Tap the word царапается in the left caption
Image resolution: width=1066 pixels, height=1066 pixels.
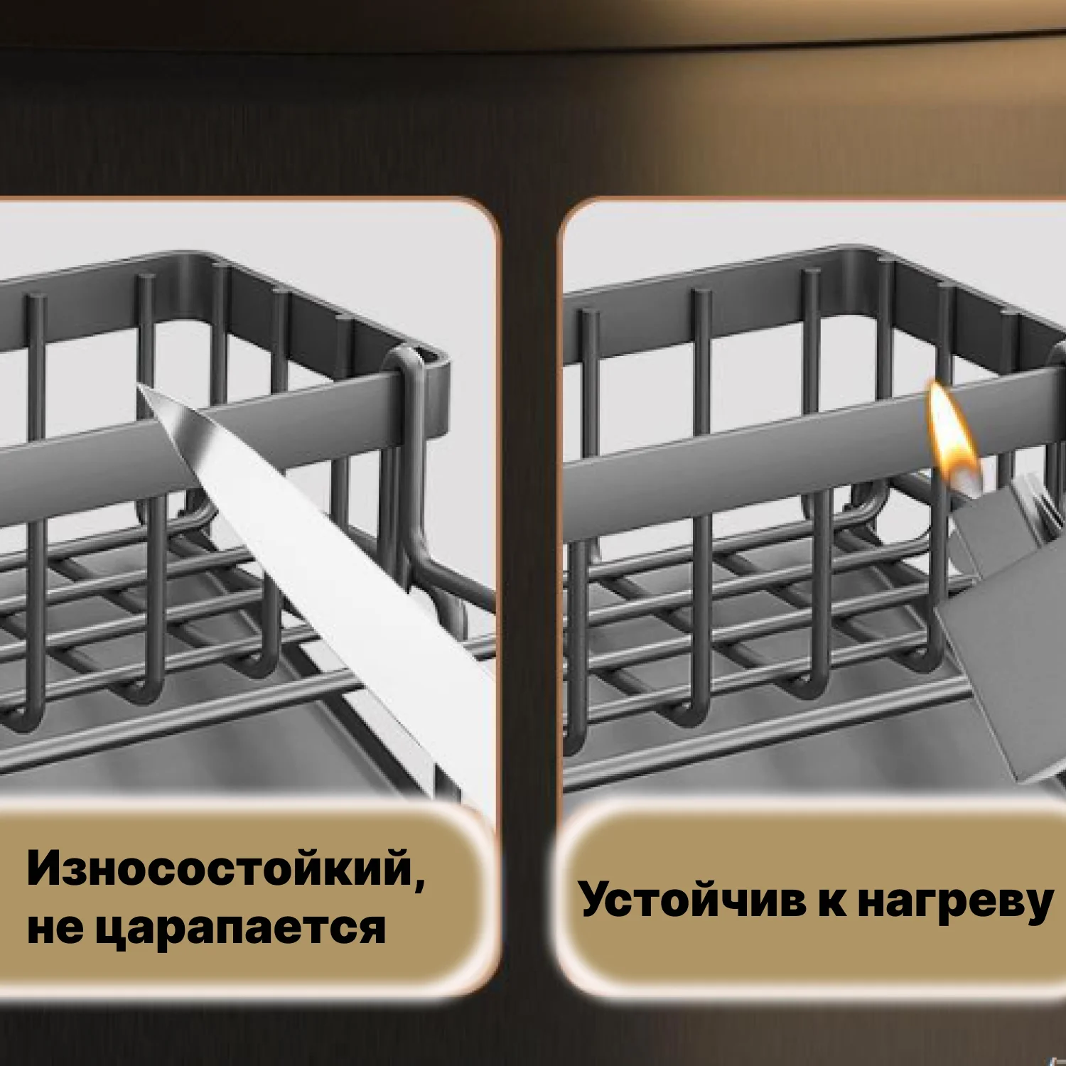tap(241, 928)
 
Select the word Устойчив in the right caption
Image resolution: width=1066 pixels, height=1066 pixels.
tap(693, 901)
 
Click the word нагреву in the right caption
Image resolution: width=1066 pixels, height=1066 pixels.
tap(955, 903)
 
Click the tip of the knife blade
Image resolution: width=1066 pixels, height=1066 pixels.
tap(137, 385)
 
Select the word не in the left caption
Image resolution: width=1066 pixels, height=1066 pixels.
tap(55, 930)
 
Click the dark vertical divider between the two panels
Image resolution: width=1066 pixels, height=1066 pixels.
tap(530, 569)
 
